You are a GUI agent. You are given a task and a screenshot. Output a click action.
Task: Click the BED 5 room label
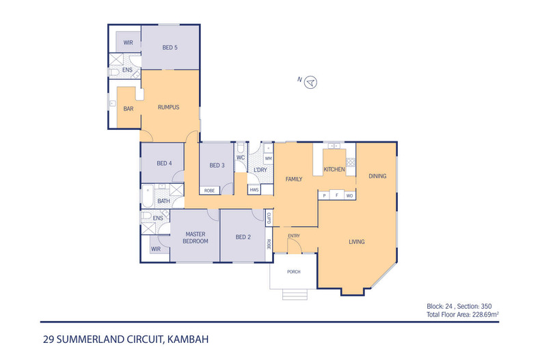(170, 47)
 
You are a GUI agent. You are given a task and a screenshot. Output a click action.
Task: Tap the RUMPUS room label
(168, 107)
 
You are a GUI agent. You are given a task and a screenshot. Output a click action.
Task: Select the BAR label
(128, 109)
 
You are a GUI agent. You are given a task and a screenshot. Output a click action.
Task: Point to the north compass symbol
(311, 82)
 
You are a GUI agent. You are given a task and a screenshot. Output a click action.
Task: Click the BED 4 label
(164, 163)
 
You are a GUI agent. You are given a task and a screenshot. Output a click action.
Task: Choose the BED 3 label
(217, 165)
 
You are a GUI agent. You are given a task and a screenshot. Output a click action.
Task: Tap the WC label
(241, 158)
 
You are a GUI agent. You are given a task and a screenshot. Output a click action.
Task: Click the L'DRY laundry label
(260, 169)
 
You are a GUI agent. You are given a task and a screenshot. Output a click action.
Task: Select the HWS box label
(254, 189)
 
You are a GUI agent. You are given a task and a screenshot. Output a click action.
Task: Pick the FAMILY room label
(294, 179)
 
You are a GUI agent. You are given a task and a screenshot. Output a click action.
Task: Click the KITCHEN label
(334, 169)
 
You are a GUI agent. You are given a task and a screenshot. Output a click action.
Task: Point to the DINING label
(378, 176)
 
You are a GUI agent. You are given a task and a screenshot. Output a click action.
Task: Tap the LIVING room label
(356, 242)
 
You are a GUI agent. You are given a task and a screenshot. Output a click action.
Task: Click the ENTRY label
(294, 236)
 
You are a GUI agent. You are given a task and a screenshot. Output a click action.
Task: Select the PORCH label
(293, 272)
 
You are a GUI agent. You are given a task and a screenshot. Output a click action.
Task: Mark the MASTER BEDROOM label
(195, 237)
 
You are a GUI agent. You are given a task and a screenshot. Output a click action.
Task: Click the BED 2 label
(243, 237)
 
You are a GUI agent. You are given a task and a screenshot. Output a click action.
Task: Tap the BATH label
(163, 201)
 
